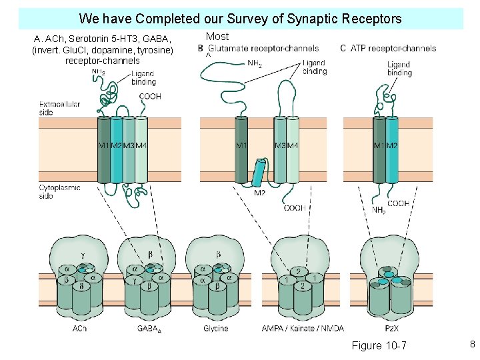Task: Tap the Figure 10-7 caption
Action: click(379, 345)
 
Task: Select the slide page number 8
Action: click(471, 345)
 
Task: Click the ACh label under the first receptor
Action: click(79, 329)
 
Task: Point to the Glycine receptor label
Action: click(215, 329)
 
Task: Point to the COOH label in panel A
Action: click(150, 97)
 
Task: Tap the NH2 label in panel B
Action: click(254, 64)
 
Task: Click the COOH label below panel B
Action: click(295, 208)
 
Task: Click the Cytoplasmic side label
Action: click(59, 191)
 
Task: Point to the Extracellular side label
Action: click(59, 108)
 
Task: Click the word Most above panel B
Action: click(217, 37)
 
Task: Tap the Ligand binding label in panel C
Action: click(399, 69)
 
